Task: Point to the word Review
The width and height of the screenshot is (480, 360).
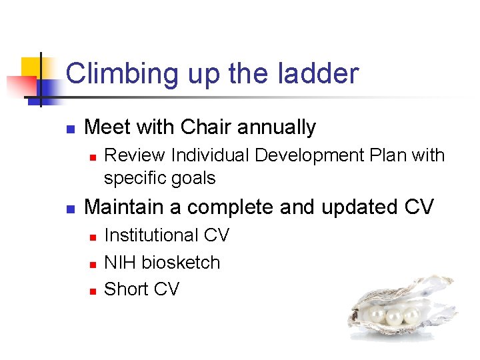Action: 135,155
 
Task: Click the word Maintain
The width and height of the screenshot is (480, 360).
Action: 124,207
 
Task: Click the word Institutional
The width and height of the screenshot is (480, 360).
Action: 151,235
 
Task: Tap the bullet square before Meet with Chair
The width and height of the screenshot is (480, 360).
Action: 70,128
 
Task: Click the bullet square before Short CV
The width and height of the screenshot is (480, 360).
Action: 93,291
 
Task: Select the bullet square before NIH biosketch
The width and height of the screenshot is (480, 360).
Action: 93,264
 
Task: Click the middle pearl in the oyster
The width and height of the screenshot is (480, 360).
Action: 395,317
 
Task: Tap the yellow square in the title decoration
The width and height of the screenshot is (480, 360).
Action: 31,67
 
